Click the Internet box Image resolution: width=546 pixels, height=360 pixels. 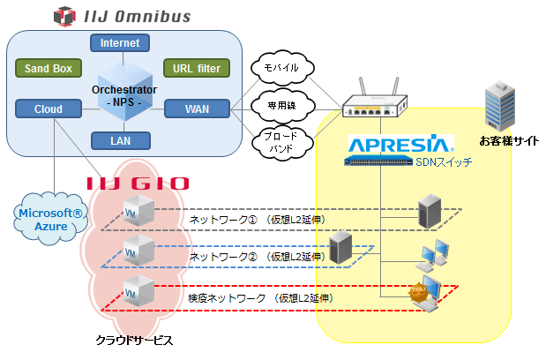coord(120,42)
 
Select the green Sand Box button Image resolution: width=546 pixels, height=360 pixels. coord(49,68)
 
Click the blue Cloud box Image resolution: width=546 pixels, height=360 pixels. coord(49,109)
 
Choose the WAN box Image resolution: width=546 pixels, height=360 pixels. coord(197,109)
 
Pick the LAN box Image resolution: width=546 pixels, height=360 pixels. coord(120,139)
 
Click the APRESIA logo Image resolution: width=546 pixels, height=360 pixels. coord(400,143)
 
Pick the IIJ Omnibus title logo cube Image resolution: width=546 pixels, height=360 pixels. coord(64,15)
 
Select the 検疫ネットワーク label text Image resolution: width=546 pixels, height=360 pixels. coord(228,298)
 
